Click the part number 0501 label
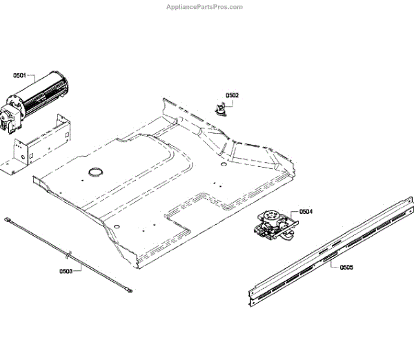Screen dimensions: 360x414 point(20,75)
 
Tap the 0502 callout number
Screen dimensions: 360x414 point(233,95)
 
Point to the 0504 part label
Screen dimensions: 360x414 point(306,212)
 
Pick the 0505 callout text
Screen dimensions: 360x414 point(346,267)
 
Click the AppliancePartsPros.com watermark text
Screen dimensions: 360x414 point(205,7)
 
